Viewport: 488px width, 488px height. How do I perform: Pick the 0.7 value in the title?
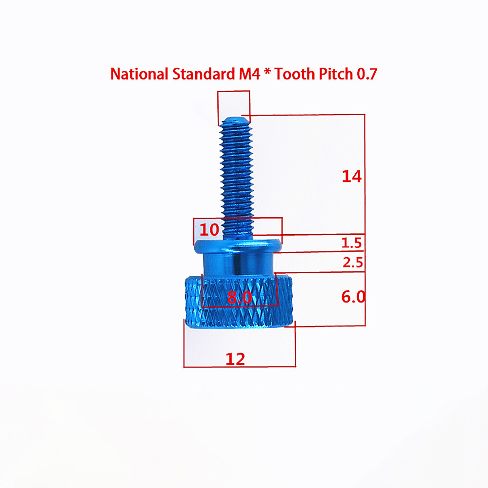click(366, 74)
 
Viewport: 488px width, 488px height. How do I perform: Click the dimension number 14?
click(351, 176)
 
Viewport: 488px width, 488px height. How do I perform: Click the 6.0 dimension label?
click(353, 297)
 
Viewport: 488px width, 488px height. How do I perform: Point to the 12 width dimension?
click(235, 359)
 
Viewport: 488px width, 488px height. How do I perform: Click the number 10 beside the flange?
click(209, 230)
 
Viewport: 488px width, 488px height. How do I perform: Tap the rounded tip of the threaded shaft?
click(235, 119)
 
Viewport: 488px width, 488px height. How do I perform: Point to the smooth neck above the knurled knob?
click(238, 264)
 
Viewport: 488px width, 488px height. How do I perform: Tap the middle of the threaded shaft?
click(237, 176)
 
